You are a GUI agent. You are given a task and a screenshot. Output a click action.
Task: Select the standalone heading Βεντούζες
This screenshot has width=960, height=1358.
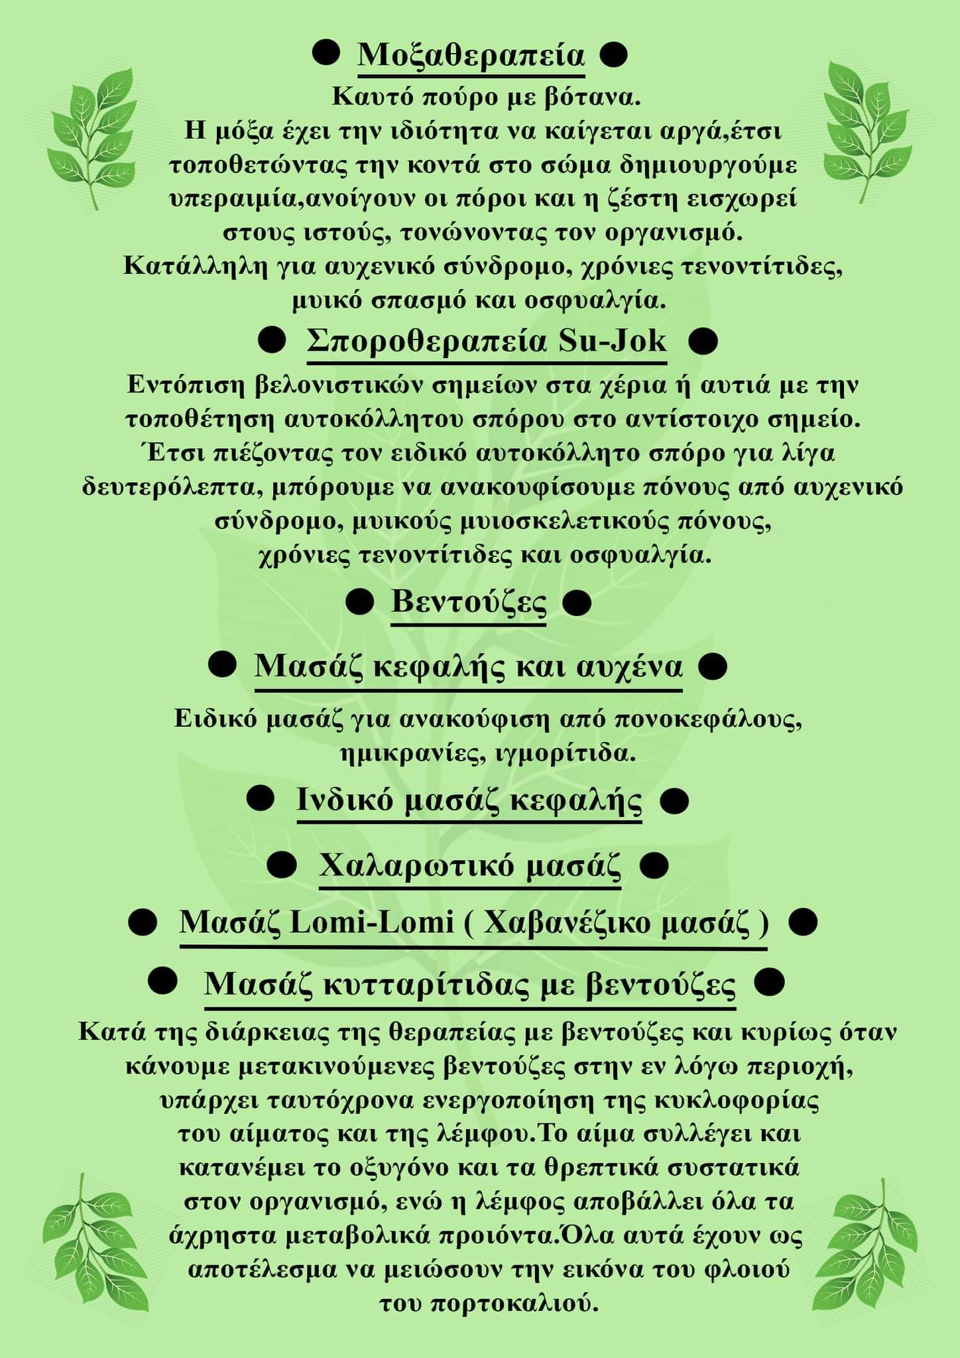coord(469,603)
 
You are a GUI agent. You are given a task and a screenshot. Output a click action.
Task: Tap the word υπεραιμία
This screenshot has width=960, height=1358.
coord(233,199)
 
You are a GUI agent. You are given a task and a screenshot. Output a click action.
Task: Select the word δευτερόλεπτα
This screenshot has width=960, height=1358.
coord(166,487)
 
